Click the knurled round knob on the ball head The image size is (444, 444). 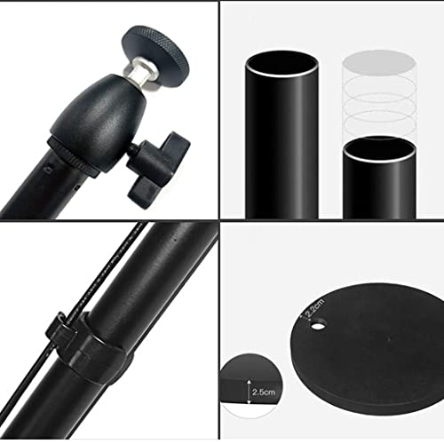[x=155, y=56]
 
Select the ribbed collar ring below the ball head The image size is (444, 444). [x=73, y=158]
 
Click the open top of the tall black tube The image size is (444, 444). [x=281, y=64]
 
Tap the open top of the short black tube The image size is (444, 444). [x=380, y=149]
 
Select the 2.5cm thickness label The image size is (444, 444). [x=264, y=392]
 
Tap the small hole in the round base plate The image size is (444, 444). [x=317, y=327]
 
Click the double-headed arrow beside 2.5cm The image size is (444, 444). [x=249, y=392]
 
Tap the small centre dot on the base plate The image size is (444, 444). [x=388, y=337]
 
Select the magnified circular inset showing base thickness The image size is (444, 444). [x=251, y=385]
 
